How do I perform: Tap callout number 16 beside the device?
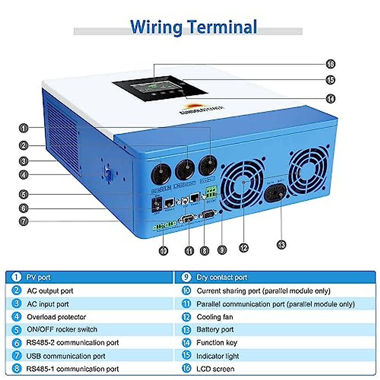(x=330, y=64)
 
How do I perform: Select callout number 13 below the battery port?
(x=281, y=244)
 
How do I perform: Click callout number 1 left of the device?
(x=24, y=128)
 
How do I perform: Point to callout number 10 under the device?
(x=163, y=251)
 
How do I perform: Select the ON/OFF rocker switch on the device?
(x=156, y=204)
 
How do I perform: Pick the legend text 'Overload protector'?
(x=56, y=317)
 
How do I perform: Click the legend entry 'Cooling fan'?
(x=215, y=317)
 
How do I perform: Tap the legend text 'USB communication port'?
(x=66, y=356)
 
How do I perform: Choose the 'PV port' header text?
(x=38, y=277)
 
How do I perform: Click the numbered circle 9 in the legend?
(x=186, y=277)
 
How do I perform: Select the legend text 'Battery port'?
(x=215, y=330)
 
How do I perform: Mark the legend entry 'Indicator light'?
(x=218, y=356)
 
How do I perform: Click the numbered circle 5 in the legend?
(x=16, y=330)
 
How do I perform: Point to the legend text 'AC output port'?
(x=50, y=291)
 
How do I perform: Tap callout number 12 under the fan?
(x=244, y=248)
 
